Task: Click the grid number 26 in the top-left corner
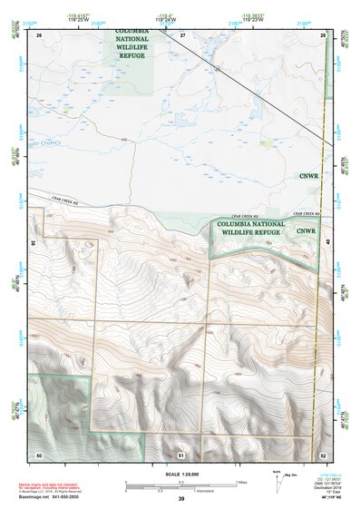pyautogui.click(x=39, y=34)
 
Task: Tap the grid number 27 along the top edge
pyautogui.click(x=181, y=34)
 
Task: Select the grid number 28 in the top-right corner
pyautogui.click(x=324, y=34)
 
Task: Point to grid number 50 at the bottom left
pyautogui.click(x=39, y=453)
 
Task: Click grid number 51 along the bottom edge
pyautogui.click(x=181, y=453)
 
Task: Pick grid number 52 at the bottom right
pyautogui.click(x=324, y=453)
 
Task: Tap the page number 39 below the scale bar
pyautogui.click(x=180, y=498)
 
